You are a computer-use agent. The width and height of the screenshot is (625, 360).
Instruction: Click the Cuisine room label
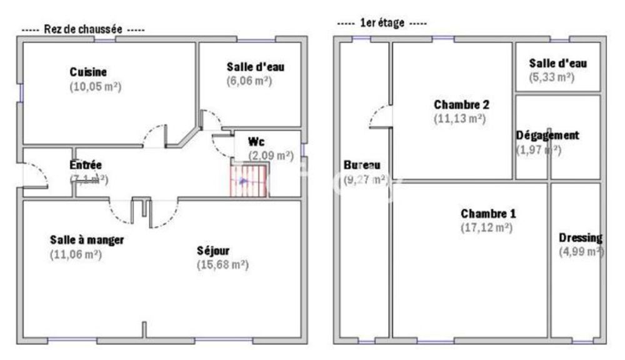88,72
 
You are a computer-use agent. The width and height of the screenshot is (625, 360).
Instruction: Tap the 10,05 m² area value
95,87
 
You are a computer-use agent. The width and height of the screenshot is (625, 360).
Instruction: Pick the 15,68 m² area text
222,264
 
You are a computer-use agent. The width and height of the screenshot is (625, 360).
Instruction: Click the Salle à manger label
87,239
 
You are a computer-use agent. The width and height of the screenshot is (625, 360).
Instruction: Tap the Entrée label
86,166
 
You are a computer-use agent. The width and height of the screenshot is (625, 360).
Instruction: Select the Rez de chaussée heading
82,29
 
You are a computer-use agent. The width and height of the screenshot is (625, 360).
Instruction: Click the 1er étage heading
381,23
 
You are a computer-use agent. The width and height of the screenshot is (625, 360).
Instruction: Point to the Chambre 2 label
461,104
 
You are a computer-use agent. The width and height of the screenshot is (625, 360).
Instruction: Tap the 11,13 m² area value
459,117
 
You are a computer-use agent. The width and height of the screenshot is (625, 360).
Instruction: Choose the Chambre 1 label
488,214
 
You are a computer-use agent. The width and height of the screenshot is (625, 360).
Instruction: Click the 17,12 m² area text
487,227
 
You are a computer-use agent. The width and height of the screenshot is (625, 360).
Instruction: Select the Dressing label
581,237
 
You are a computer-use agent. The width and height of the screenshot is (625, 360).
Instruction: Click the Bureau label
362,166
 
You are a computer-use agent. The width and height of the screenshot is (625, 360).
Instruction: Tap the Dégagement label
547,135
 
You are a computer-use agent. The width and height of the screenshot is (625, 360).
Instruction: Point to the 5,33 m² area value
551,77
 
